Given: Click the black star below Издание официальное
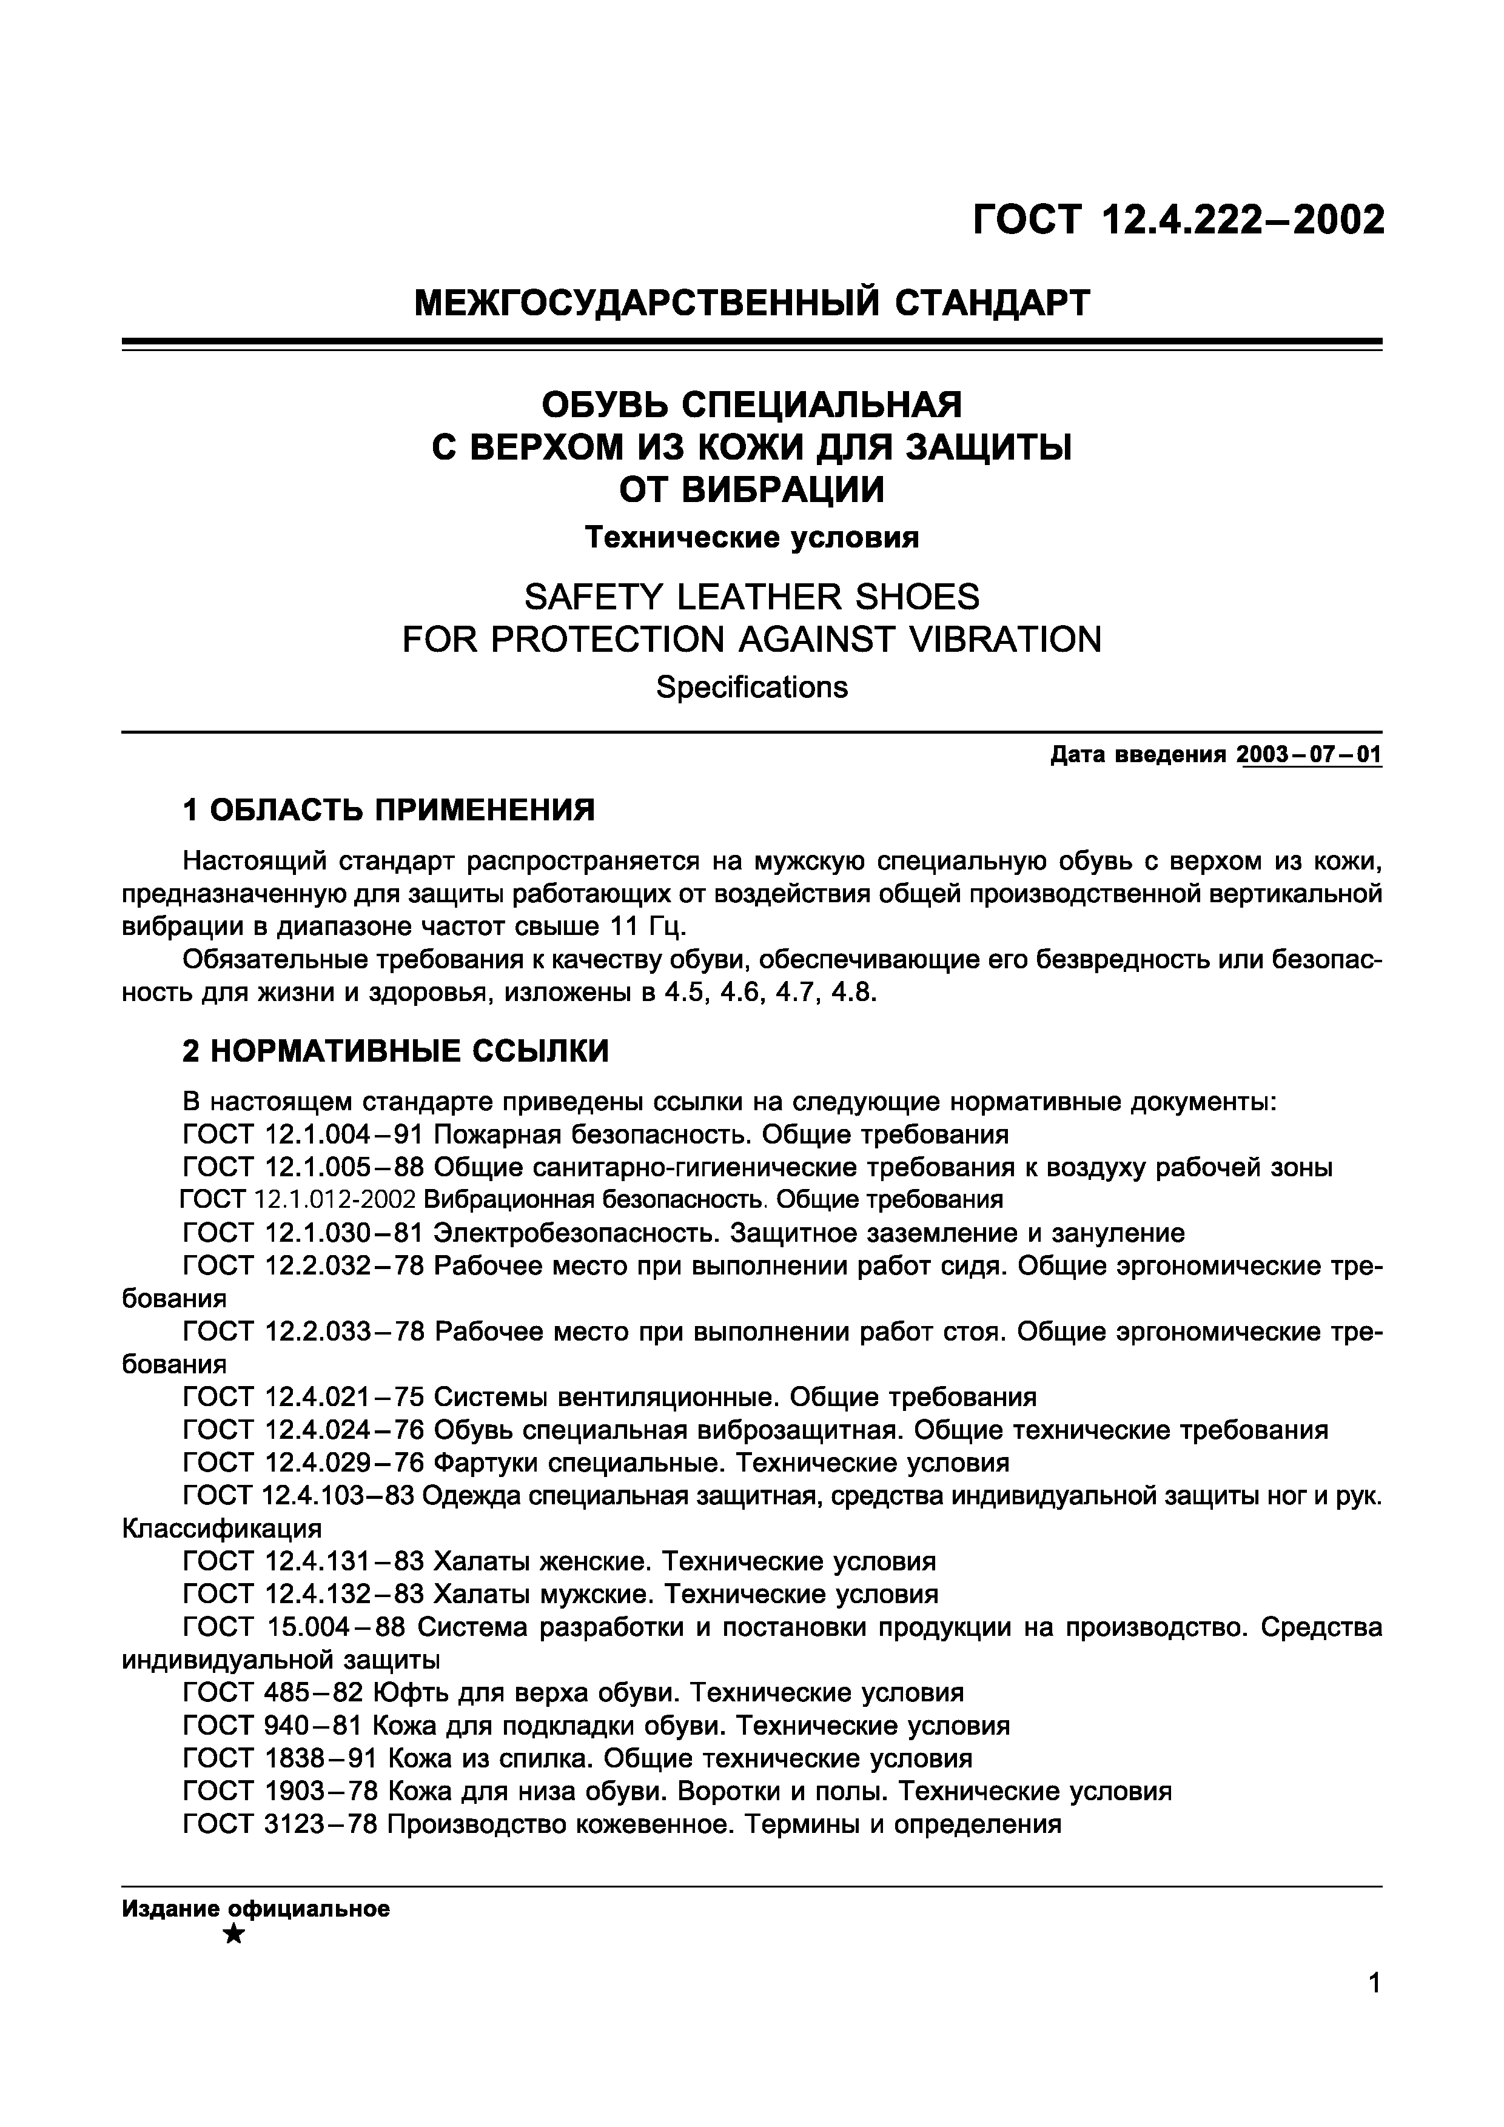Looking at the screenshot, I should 235,1934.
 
